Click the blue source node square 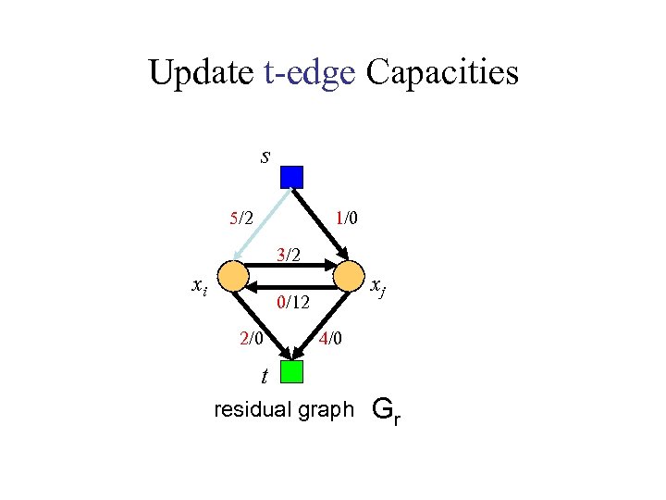click(x=292, y=177)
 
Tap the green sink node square click(x=292, y=371)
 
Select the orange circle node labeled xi click(x=235, y=275)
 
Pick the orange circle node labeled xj click(x=349, y=275)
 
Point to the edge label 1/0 click(x=348, y=219)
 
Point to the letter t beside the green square click(x=265, y=376)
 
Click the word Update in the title click(x=201, y=73)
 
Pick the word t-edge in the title click(x=309, y=73)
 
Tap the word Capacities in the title click(x=442, y=73)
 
